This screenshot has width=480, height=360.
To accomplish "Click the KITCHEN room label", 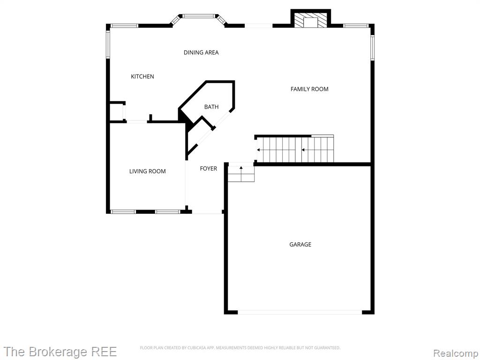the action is point(142,76).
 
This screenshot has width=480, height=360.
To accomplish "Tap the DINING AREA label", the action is point(201,52).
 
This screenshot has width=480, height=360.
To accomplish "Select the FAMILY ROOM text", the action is point(309,89).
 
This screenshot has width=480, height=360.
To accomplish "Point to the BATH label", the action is point(211,107).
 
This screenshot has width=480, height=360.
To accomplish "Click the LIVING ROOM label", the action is point(147,172).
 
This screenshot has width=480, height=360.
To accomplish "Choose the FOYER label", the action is point(209,169).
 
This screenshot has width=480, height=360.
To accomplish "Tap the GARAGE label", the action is point(300,244).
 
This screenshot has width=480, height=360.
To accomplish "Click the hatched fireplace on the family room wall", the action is point(311,19).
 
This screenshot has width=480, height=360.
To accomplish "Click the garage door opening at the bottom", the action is point(300,312).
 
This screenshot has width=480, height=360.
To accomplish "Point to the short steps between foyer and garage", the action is point(241,174).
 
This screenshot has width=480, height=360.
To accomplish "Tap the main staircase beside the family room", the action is point(295,150).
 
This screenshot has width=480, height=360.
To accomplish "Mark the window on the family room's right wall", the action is point(372,47).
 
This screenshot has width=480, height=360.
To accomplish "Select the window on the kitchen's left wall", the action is point(108,45).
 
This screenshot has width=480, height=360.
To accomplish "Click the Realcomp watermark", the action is point(456,353).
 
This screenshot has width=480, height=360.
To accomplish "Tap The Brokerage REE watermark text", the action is point(60,352).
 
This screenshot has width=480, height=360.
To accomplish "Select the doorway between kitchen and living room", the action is point(137,122).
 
